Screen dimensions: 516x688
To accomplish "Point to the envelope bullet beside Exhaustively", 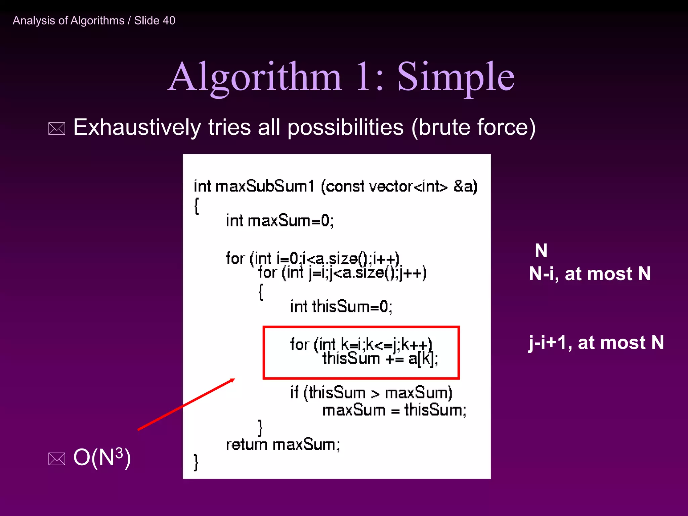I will (57, 129).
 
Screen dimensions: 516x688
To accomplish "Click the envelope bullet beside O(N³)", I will (57, 459).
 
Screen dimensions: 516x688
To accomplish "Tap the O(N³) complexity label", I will (102, 458).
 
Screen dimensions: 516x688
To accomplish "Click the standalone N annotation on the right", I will (541, 251).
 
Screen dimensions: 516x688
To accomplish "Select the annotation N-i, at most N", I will (590, 274).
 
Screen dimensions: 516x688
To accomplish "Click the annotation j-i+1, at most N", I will (596, 343).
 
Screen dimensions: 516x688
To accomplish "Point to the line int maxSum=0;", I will (279, 221).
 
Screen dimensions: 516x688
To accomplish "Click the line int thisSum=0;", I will (341, 307).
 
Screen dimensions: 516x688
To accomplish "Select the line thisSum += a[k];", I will (380, 359).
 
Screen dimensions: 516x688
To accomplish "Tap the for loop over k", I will (361, 344).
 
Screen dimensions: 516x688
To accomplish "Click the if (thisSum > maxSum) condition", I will (371, 393).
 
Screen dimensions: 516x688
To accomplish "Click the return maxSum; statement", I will (283, 445).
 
